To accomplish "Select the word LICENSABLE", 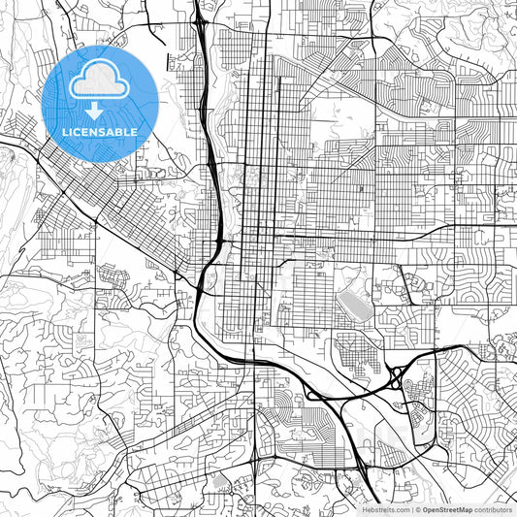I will click(x=100, y=132).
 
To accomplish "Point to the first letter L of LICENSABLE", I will click(x=64, y=132).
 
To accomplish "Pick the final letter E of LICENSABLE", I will click(x=135, y=132).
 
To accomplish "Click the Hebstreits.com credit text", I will click(x=386, y=509).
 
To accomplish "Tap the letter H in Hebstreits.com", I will click(x=366, y=509).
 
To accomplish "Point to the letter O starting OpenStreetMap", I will click(x=424, y=509).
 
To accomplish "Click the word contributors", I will click(x=492, y=509).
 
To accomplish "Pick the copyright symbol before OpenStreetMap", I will click(x=416, y=509).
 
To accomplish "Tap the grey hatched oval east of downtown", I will click(x=352, y=308).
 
